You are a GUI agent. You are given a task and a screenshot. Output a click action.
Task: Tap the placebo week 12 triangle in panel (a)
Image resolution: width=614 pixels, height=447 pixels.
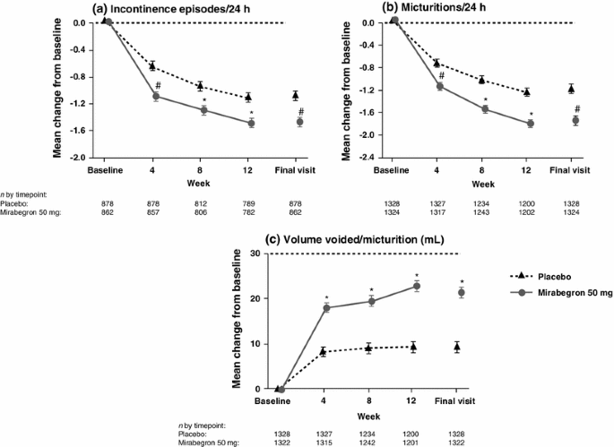(x=248, y=97)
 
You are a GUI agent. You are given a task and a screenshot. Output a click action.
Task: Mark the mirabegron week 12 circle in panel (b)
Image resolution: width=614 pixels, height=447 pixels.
(x=530, y=124)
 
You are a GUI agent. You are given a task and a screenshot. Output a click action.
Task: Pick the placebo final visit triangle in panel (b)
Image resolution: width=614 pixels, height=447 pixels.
(x=575, y=88)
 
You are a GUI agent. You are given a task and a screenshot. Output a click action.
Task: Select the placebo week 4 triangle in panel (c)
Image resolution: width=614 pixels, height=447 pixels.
(x=325, y=352)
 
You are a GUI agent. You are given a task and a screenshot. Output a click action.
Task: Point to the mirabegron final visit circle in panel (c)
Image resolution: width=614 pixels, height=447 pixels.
(x=461, y=293)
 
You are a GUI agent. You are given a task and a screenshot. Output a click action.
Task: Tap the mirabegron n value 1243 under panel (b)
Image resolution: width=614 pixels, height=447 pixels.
(x=484, y=211)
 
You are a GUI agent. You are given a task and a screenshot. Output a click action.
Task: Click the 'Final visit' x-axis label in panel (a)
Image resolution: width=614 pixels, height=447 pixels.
(x=298, y=169)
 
